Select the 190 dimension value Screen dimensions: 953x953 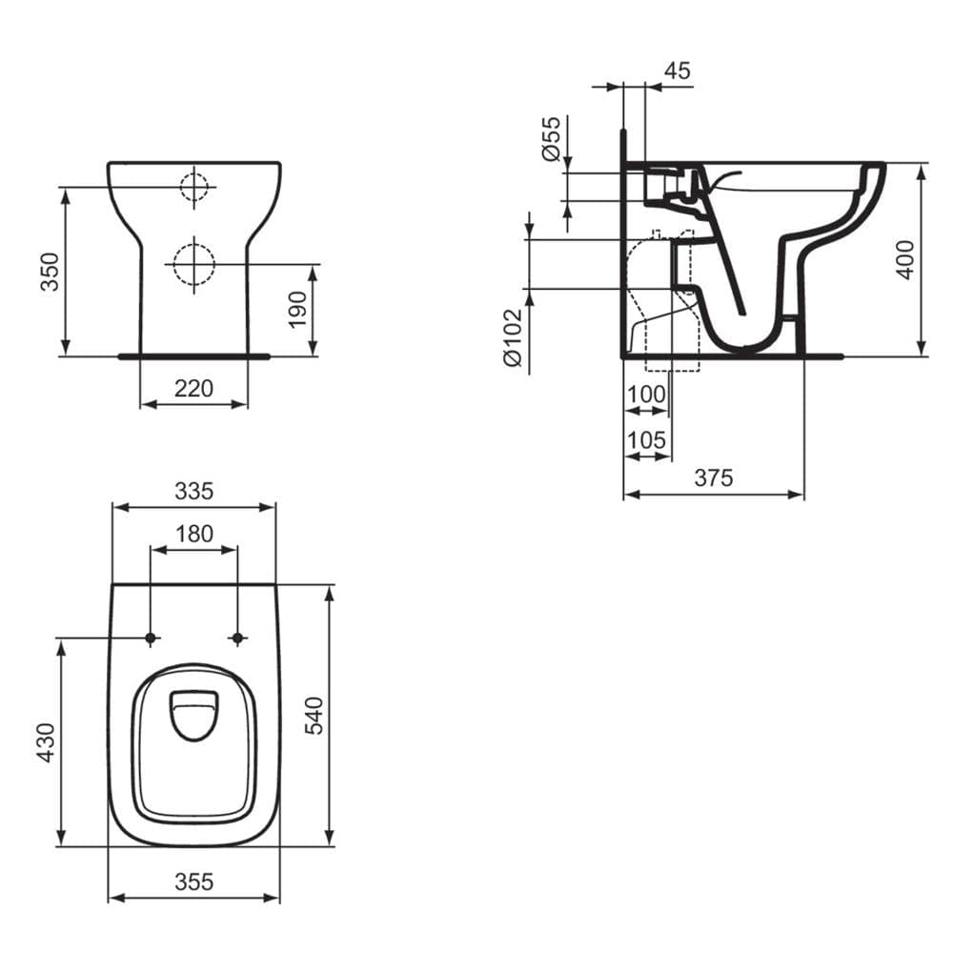click(x=297, y=310)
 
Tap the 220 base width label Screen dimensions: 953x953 click(x=193, y=389)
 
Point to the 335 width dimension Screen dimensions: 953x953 click(x=193, y=492)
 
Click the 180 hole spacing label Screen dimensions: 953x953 click(x=194, y=534)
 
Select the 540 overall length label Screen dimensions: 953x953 click(x=314, y=716)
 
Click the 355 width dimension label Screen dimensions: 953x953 click(x=193, y=882)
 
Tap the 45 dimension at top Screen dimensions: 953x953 click(x=678, y=71)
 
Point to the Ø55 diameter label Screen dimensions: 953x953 click(x=550, y=139)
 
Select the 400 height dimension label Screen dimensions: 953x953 click(x=905, y=258)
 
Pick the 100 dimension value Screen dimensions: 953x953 click(x=646, y=394)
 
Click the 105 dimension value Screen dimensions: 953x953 click(x=646, y=439)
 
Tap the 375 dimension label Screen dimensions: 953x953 click(x=713, y=478)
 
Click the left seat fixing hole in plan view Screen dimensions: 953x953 click(x=151, y=638)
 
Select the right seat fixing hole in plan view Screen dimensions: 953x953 click(x=237, y=638)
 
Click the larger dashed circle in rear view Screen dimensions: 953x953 click(x=193, y=262)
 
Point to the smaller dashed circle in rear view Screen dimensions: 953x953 click(x=193, y=187)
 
